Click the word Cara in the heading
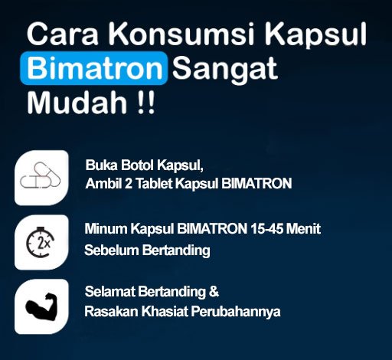(63, 34)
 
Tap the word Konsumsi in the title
(181, 34)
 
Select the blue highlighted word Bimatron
(94, 68)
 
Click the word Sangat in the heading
(225, 69)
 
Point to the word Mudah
(77, 102)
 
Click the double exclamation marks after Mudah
(146, 102)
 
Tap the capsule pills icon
(40, 175)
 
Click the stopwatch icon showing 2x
(41, 242)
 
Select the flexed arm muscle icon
(41, 306)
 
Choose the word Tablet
(154, 183)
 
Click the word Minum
(106, 228)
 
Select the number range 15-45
(266, 228)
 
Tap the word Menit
(303, 228)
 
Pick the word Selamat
(109, 292)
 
